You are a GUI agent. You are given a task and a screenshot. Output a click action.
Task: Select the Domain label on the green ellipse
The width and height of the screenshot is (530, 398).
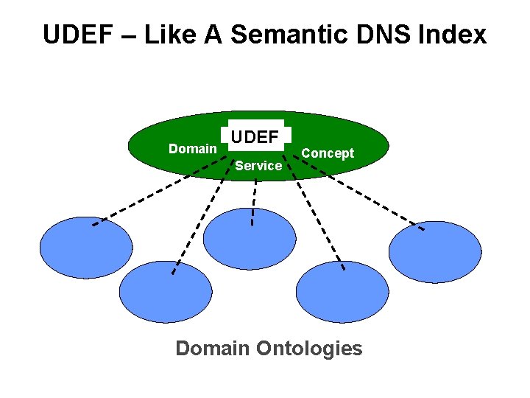(x=192, y=149)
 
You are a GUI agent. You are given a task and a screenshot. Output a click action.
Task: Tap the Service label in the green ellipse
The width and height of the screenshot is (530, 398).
(x=258, y=166)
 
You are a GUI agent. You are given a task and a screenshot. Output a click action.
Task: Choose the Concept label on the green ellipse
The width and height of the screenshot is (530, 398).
(x=328, y=153)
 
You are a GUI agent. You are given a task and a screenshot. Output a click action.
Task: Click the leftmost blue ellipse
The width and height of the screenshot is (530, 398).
(x=85, y=248)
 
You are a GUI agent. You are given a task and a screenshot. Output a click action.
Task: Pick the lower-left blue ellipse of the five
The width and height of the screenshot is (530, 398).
(x=165, y=292)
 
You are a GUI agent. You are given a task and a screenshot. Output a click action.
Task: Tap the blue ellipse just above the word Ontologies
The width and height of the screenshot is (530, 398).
(x=342, y=292)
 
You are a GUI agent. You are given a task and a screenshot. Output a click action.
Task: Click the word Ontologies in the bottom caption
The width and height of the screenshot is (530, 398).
(x=310, y=348)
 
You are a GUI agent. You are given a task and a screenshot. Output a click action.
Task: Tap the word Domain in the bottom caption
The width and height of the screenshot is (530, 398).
(x=213, y=348)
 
